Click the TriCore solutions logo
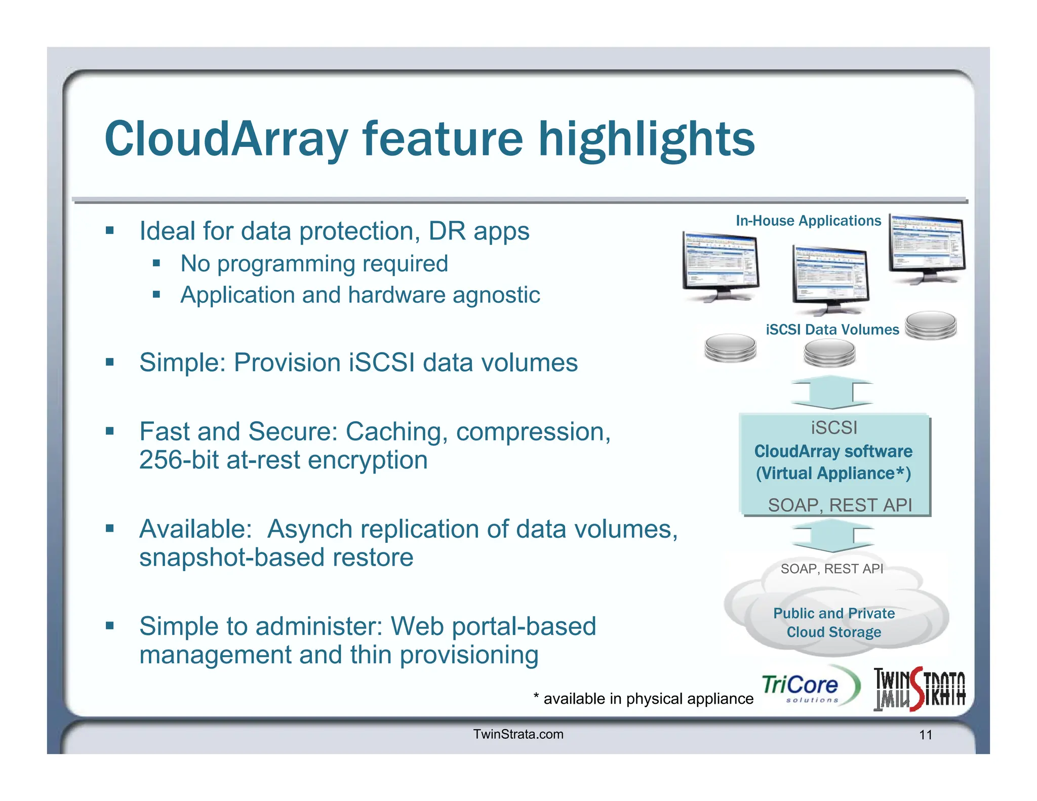pos(809,687)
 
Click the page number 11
pos(926,735)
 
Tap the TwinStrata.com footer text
pos(518,734)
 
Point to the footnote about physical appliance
pos(643,699)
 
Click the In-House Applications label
pos(808,221)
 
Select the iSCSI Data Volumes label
pos(832,330)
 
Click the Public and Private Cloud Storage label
pos(834,623)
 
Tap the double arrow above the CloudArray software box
pos(832,392)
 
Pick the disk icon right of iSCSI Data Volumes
pos(931,325)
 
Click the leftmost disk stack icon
pos(730,348)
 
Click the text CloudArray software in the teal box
pos(833,451)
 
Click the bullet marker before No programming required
pos(156,263)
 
